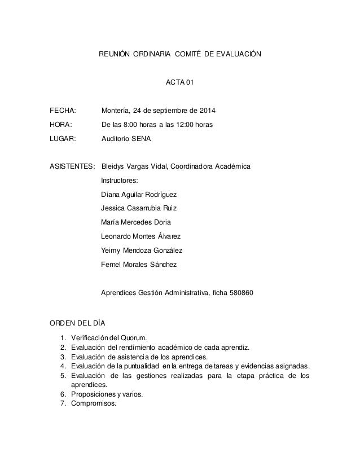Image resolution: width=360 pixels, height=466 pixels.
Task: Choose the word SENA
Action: point(141,138)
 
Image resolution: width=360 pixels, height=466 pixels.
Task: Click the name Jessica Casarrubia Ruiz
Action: point(138,209)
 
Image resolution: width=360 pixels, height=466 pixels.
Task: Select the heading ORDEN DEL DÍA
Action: point(77,323)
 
